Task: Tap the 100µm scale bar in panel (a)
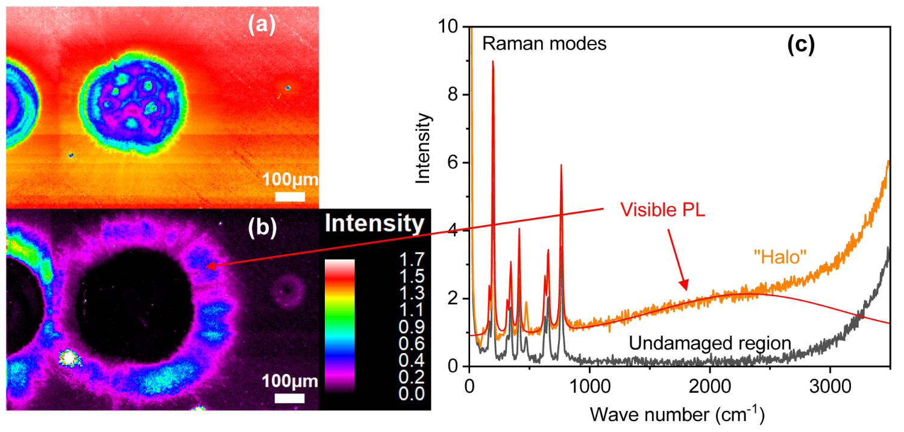point(290,196)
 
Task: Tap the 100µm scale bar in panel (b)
point(290,398)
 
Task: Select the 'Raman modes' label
point(544,43)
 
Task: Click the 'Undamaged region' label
point(709,343)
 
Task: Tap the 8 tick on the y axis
point(456,95)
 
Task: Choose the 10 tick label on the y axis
point(453,27)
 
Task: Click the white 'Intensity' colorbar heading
point(374,224)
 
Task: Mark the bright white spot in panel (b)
point(69,358)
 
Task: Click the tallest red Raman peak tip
point(493,61)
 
